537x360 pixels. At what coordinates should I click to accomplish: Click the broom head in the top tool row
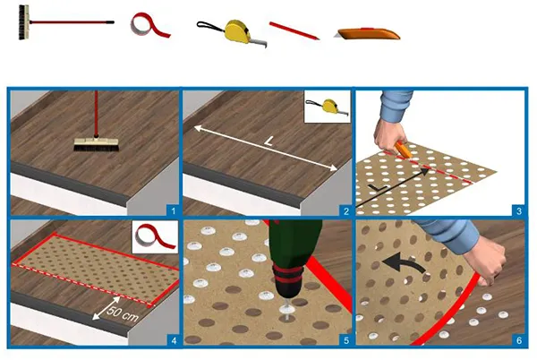click(x=23, y=22)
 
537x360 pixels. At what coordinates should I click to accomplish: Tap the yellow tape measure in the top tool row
click(x=236, y=32)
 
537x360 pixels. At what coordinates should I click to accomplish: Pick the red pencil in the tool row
click(x=294, y=30)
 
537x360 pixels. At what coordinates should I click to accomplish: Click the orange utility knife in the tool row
click(x=367, y=33)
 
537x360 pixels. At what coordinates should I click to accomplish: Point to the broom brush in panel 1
click(x=96, y=144)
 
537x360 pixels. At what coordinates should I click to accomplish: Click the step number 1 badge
click(x=173, y=210)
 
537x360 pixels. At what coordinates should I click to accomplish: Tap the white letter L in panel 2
click(x=269, y=141)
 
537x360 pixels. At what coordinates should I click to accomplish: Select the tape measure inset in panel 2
click(x=327, y=107)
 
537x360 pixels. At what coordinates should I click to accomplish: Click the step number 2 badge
click(x=345, y=210)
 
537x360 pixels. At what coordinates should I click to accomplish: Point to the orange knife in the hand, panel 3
click(x=403, y=150)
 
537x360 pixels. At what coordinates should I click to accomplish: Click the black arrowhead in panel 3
click(x=425, y=172)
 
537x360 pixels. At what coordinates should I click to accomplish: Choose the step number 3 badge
click(x=519, y=210)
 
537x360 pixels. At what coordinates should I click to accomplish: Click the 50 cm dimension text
click(x=123, y=314)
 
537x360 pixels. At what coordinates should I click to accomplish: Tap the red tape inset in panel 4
click(x=155, y=237)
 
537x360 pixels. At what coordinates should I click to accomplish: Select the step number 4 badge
click(x=174, y=341)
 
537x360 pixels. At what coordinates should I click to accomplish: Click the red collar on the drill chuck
click(x=288, y=274)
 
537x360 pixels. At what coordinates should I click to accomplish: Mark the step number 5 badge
click(x=346, y=341)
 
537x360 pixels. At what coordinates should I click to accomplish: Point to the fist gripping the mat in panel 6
click(x=490, y=260)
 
